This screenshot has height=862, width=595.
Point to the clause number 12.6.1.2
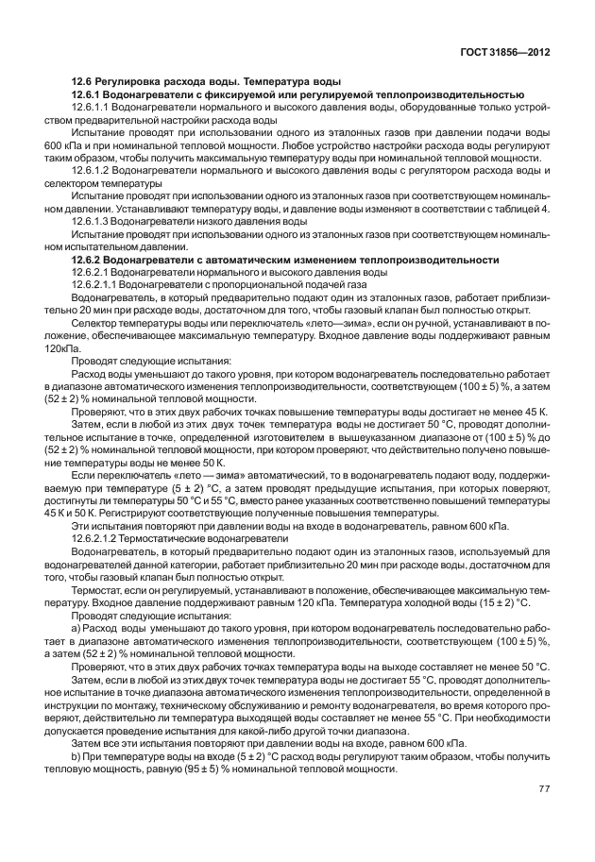[93, 170]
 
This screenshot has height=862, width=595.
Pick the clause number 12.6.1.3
[93, 220]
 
